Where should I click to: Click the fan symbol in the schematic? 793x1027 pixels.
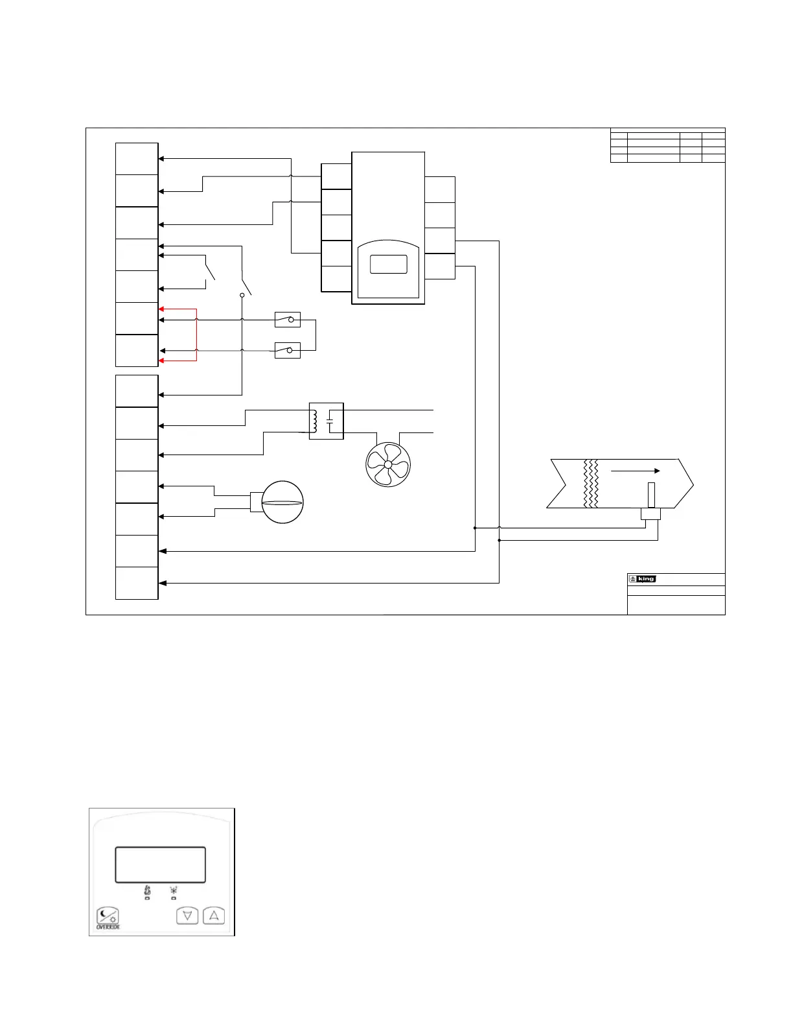click(x=388, y=464)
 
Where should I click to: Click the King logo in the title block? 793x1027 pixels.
click(x=643, y=579)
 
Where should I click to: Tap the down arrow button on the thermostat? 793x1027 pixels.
click(x=187, y=916)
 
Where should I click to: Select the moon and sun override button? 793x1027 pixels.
click(x=108, y=915)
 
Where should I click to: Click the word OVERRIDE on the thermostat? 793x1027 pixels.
click(x=108, y=927)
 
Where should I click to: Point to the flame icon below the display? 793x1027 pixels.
click(x=147, y=891)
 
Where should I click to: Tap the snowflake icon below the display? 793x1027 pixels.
click(x=174, y=891)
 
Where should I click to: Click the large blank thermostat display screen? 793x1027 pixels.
click(x=160, y=864)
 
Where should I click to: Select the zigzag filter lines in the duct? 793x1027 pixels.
click(x=591, y=484)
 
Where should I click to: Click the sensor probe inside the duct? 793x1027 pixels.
click(x=651, y=496)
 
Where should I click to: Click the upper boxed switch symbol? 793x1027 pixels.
click(x=288, y=320)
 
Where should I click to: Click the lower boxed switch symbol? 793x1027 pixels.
click(x=288, y=351)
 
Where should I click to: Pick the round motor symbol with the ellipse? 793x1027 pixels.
click(x=282, y=502)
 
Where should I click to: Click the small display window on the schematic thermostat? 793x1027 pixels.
click(x=388, y=265)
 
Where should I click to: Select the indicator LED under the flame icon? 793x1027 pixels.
click(x=147, y=899)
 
